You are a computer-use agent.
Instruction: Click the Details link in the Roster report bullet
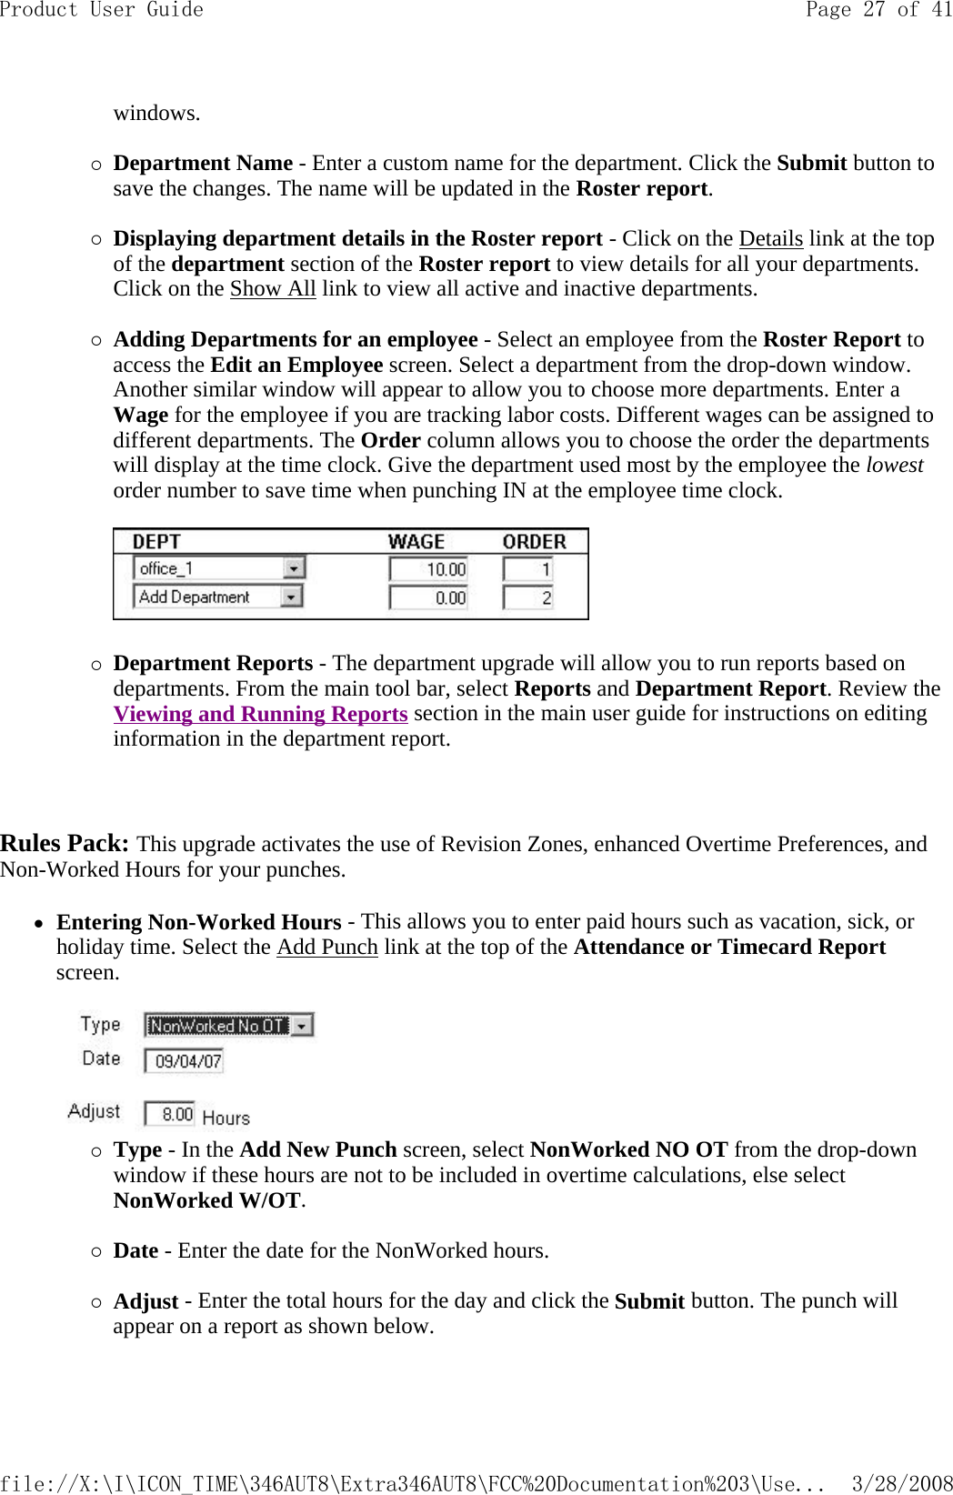click(770, 239)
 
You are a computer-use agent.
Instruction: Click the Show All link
click(272, 289)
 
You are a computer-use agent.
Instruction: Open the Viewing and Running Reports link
click(260, 714)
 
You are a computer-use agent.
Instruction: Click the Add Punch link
click(326, 948)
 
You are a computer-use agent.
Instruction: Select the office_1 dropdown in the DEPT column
click(219, 568)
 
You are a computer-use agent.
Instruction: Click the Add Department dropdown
click(219, 597)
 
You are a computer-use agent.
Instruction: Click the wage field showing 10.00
click(428, 569)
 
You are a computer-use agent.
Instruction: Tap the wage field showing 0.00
click(428, 598)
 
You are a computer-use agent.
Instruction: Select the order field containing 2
click(528, 598)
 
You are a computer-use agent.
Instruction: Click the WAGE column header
click(416, 542)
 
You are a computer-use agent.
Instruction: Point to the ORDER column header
click(534, 542)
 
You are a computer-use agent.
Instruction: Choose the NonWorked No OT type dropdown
click(229, 1026)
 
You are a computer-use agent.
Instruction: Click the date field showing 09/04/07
click(185, 1061)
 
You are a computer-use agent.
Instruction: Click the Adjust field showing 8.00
click(170, 1114)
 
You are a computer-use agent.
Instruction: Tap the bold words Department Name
click(203, 164)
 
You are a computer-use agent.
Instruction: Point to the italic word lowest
click(894, 466)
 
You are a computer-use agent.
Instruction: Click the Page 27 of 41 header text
click(878, 10)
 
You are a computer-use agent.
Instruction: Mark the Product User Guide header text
click(102, 10)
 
